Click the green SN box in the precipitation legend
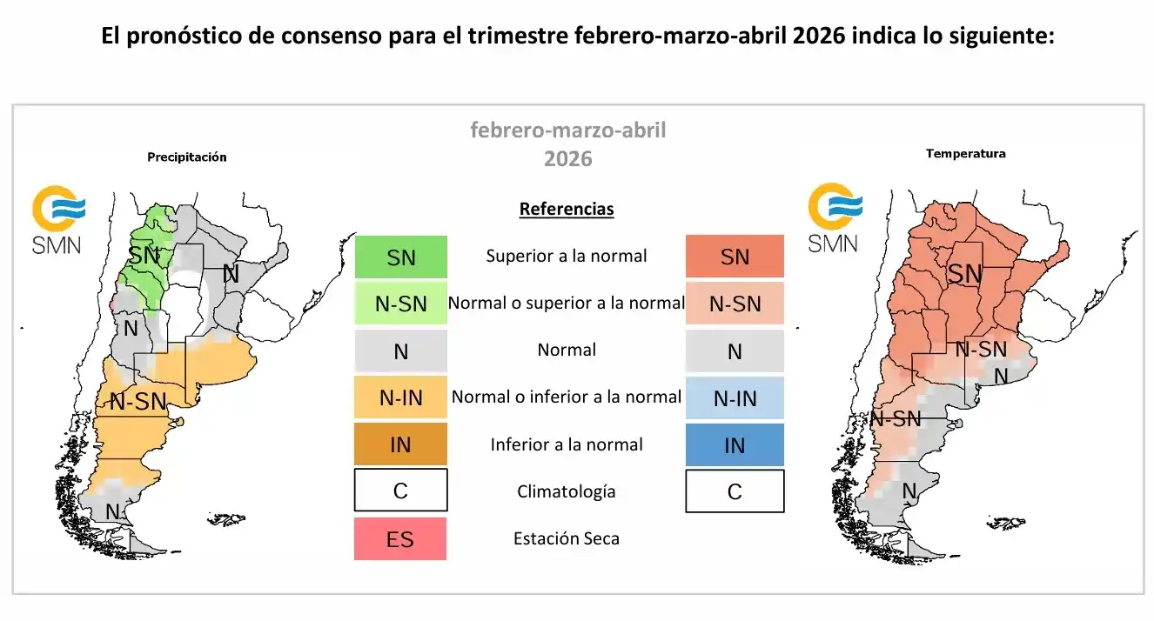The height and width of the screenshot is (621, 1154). point(400,257)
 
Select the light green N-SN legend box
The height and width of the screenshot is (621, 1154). point(400,304)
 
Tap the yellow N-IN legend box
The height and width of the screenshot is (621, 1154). point(400,398)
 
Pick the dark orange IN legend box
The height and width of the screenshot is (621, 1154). point(400,445)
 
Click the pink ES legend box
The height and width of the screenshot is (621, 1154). point(400,539)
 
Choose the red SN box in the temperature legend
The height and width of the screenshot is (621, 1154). point(735,257)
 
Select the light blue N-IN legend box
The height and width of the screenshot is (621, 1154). point(735,398)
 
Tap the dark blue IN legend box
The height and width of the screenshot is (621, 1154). point(735,445)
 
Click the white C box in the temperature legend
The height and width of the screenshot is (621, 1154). point(735,491)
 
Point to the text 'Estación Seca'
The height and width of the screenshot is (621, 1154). point(567,538)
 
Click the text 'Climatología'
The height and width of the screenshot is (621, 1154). point(567,491)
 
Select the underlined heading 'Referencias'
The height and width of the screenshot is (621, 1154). point(567,209)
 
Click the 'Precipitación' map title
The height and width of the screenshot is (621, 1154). point(186,157)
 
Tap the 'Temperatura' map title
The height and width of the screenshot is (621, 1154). point(965,154)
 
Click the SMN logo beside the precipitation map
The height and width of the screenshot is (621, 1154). point(57,221)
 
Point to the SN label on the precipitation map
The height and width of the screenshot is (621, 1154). point(144,256)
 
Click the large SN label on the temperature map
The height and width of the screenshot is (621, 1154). point(964,274)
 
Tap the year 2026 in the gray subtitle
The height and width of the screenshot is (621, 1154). point(567,159)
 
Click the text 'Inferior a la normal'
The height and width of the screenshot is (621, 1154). point(567,444)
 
